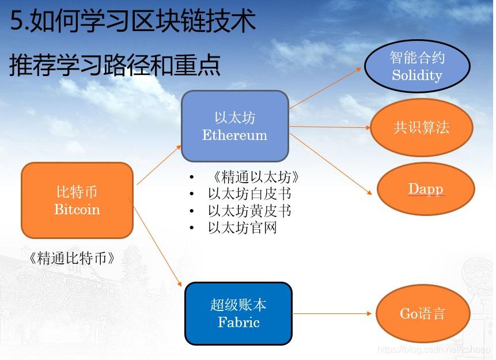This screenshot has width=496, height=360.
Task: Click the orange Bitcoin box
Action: tap(77, 200)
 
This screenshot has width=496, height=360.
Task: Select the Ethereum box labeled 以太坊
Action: tap(234, 126)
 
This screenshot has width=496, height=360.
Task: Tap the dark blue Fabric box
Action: tap(238, 313)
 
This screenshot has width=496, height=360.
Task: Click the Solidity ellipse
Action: tap(417, 66)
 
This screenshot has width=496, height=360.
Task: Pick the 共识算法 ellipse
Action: tap(421, 127)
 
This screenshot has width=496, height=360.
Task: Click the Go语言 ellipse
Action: tap(422, 314)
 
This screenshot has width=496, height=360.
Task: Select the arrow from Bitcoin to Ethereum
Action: tap(159, 165)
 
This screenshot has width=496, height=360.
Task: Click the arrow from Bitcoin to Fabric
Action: tap(158, 242)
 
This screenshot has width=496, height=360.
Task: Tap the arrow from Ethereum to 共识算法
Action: tap(328, 127)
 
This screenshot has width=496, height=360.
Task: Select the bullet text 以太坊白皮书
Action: tap(249, 194)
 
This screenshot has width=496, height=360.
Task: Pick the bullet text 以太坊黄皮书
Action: tap(249, 211)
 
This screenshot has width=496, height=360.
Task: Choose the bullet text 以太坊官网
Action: tap(243, 228)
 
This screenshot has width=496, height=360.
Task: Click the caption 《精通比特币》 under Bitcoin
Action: tap(71, 258)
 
